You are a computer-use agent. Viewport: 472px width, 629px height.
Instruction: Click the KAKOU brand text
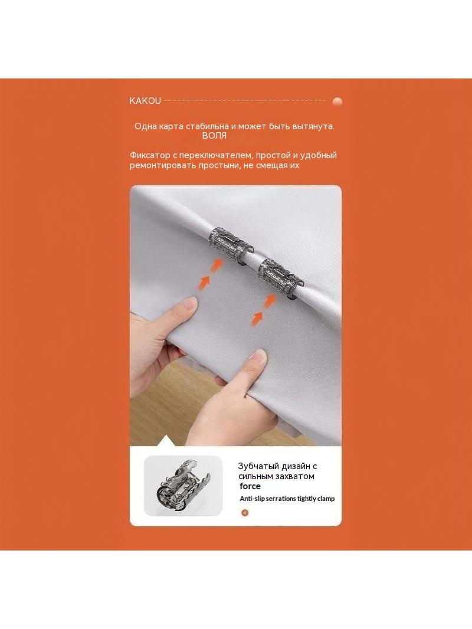[x=145, y=101]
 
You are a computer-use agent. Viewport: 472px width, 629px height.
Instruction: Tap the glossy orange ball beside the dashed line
[x=337, y=102]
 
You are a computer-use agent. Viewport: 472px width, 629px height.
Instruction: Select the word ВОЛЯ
[x=214, y=136]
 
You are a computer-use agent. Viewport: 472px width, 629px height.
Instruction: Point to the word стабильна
[x=207, y=126]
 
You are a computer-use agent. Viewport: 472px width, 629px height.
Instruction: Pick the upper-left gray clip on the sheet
[x=231, y=242]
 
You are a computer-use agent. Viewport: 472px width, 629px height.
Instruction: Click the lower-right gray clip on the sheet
[x=280, y=276]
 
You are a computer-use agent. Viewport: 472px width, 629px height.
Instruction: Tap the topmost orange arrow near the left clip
[x=217, y=265]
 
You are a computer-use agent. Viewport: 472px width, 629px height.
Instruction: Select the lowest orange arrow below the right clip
[x=256, y=319]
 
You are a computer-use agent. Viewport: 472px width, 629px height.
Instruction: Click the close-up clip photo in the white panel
[x=183, y=486]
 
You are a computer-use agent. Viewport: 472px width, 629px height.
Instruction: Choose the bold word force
[x=250, y=486]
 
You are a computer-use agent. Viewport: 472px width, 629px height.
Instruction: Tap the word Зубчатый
[x=258, y=467]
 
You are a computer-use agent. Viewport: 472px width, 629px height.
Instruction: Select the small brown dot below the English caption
[x=245, y=513]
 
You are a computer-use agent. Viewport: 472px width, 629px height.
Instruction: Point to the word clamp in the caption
[x=326, y=499]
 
